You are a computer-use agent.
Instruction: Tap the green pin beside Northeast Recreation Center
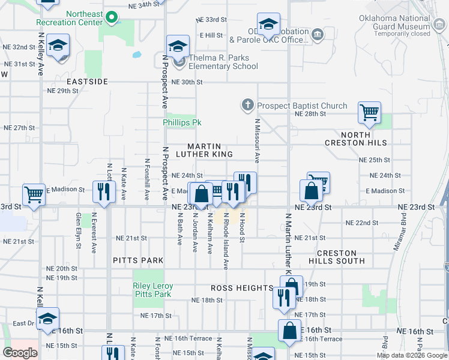[x=112, y=18]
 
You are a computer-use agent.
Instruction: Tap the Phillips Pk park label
[x=181, y=122]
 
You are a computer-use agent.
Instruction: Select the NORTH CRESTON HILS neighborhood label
[x=355, y=139]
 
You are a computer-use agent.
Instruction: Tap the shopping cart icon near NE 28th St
[x=369, y=112]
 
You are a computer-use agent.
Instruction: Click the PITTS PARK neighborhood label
[x=138, y=260]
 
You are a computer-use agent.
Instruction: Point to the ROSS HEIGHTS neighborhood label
[x=242, y=288]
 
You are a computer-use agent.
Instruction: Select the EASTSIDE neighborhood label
[x=87, y=81]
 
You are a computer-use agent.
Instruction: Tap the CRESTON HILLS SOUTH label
[x=336, y=257]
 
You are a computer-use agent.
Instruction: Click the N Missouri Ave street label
[x=256, y=142]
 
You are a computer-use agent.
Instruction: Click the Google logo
[x=20, y=352]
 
